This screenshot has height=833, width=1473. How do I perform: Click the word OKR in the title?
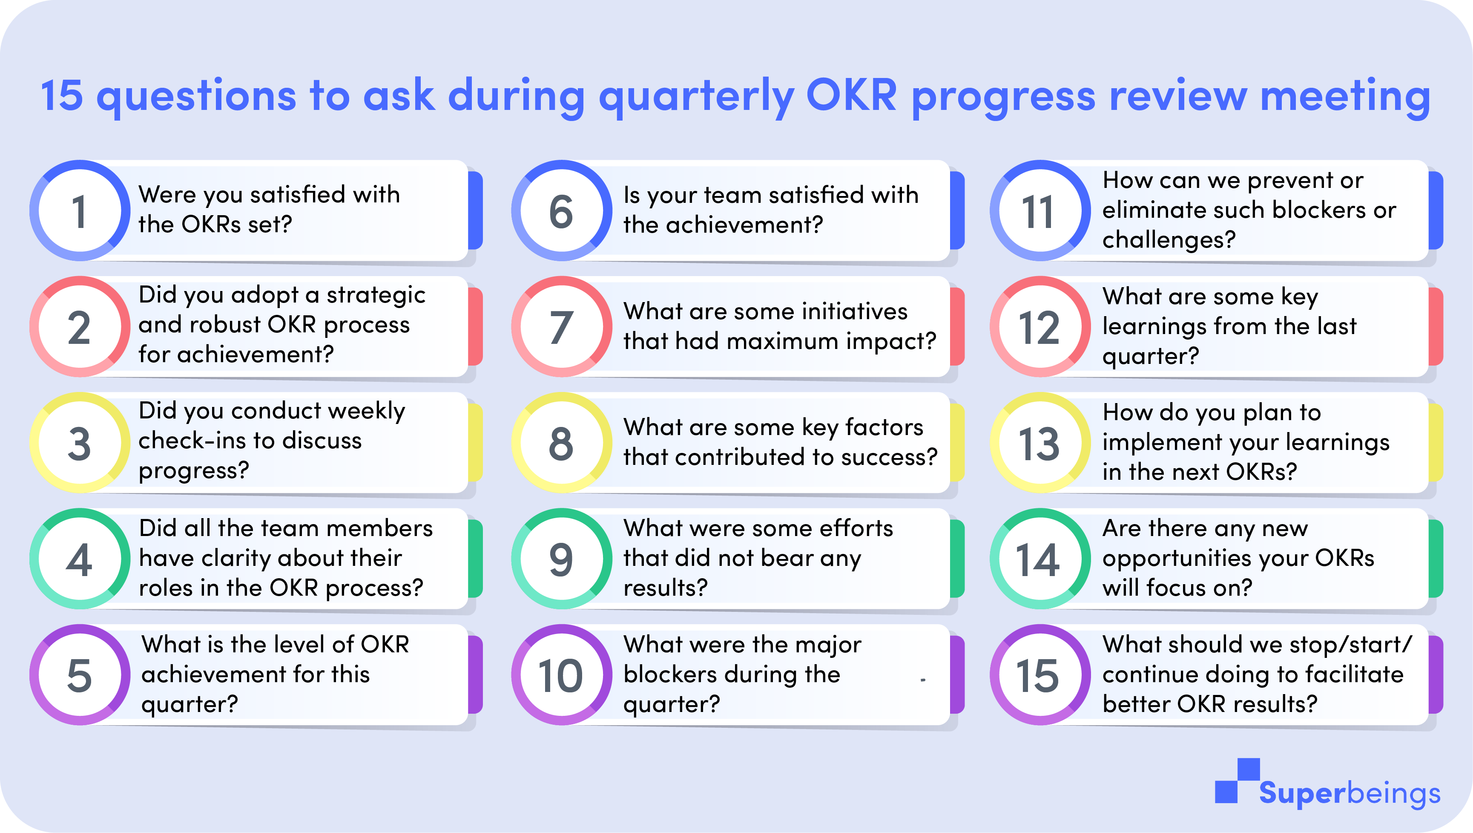(851, 95)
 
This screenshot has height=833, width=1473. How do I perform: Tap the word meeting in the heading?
(1346, 97)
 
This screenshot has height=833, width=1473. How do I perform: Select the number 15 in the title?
(62, 95)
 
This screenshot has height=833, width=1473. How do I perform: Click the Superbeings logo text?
(1350, 793)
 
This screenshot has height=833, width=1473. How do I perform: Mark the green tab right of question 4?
(475, 558)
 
